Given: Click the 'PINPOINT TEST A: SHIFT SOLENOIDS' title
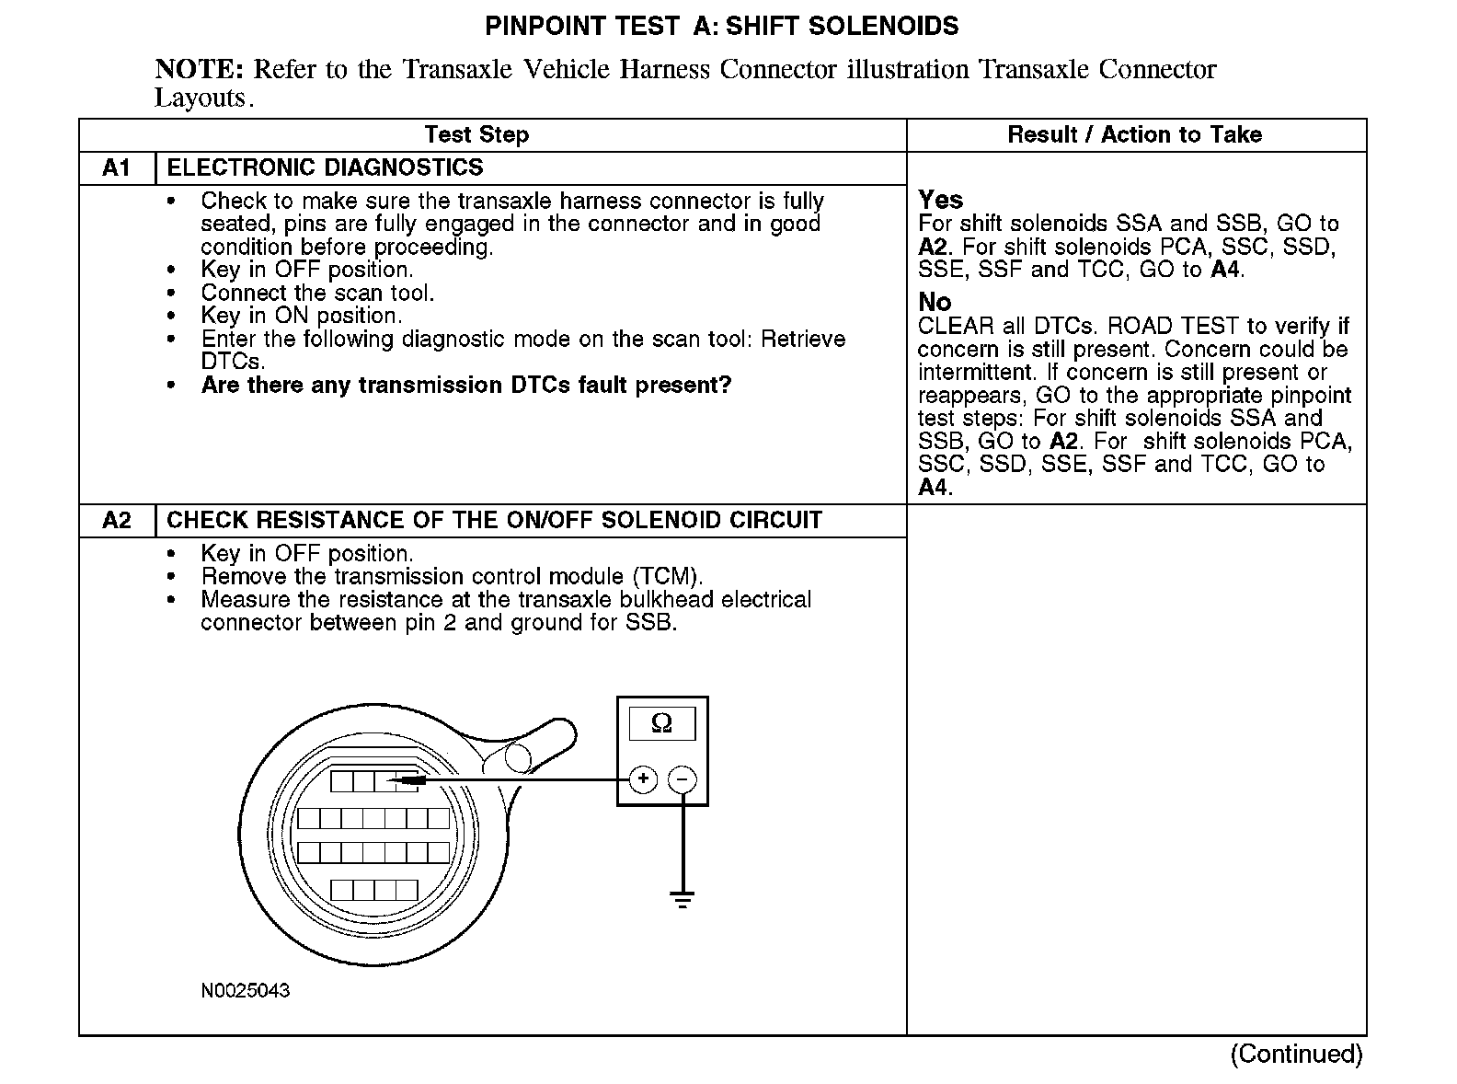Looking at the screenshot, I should [721, 26].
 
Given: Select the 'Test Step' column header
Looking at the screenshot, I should [476, 135].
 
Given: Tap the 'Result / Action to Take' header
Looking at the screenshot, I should [1134, 135].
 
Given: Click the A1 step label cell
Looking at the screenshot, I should [117, 168].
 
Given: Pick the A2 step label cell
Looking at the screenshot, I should [117, 521].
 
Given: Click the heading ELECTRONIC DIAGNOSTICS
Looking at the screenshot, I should [325, 168].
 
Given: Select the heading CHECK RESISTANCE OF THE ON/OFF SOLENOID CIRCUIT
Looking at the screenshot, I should [494, 521].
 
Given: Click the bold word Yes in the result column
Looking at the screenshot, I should [940, 200].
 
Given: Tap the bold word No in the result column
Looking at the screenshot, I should [935, 302].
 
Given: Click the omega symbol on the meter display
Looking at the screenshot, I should [661, 723].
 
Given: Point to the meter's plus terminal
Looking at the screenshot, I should [643, 780].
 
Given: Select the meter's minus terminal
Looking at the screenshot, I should [682, 780].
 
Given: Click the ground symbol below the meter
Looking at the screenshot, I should [682, 899].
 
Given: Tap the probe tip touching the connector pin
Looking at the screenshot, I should [397, 781].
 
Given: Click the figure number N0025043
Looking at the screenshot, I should [246, 991].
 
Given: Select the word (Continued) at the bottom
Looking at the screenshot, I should [1296, 1054].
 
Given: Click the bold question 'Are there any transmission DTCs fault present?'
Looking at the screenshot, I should [465, 386].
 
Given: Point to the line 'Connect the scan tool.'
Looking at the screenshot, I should [317, 293].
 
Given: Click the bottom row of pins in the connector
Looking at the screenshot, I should [374, 890].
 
